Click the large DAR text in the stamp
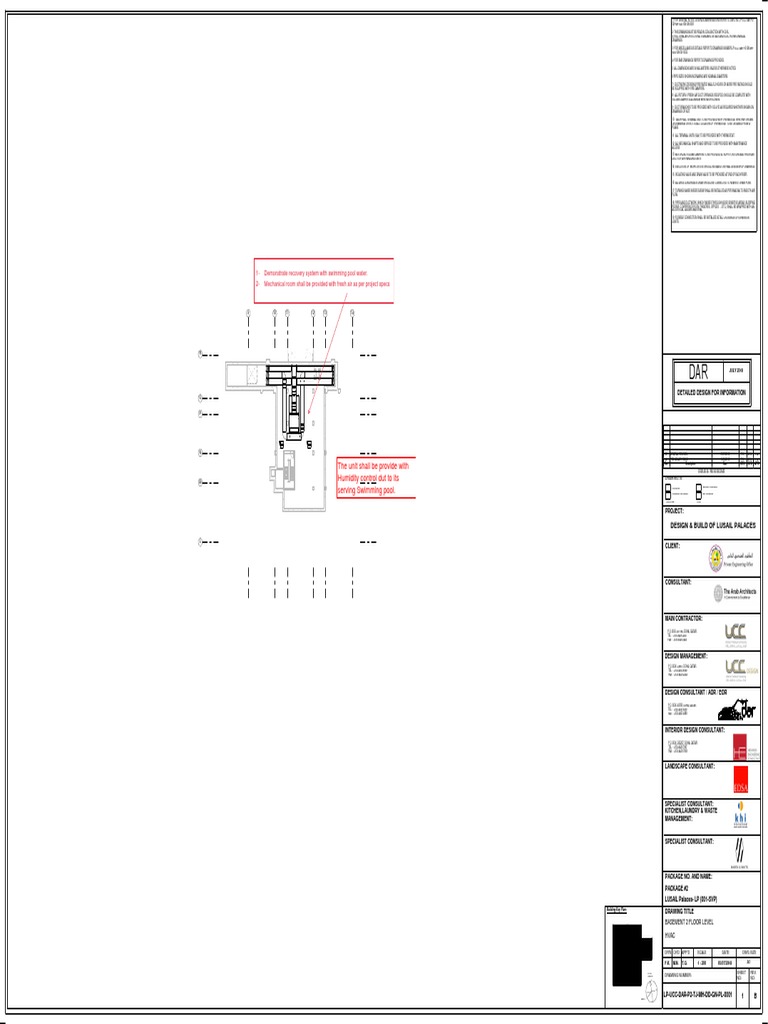(698, 373)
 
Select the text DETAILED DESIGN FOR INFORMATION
(712, 393)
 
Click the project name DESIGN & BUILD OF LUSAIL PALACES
(713, 525)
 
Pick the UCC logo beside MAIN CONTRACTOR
(735, 633)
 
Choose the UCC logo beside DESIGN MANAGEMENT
(735, 669)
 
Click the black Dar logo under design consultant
(738, 709)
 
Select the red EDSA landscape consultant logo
(740, 780)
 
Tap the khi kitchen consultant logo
(740, 818)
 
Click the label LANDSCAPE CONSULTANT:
(690, 766)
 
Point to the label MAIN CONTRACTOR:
(684, 618)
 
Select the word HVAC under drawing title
(671, 935)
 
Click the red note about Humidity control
(372, 478)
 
